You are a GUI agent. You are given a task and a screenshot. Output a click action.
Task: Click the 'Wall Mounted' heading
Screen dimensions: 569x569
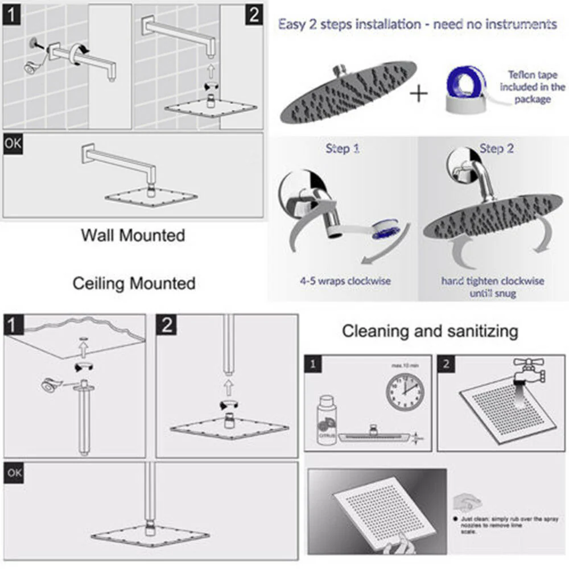click(x=133, y=234)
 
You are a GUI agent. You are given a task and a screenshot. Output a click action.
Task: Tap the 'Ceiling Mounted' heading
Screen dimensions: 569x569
click(x=134, y=283)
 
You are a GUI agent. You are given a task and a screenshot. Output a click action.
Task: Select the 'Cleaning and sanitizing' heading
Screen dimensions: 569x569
click(x=430, y=331)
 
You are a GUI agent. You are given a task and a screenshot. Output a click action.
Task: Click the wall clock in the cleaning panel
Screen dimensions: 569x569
click(x=405, y=391)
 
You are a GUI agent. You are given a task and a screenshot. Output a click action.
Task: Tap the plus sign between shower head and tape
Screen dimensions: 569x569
click(x=419, y=93)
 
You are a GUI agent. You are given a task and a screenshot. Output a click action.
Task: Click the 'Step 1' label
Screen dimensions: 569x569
click(x=343, y=149)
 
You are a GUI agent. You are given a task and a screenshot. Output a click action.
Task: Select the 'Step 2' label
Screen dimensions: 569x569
click(x=496, y=149)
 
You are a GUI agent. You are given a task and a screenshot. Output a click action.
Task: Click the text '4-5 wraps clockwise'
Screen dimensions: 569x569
click(x=345, y=281)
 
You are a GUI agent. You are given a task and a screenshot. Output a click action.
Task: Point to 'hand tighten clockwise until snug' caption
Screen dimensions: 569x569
click(x=492, y=287)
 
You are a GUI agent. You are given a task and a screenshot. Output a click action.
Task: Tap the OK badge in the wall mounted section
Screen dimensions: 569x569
click(x=13, y=143)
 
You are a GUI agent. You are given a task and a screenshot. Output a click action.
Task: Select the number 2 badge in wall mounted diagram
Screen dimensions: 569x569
click(x=254, y=14)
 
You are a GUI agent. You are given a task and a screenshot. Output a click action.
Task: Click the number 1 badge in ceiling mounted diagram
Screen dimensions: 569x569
click(x=14, y=325)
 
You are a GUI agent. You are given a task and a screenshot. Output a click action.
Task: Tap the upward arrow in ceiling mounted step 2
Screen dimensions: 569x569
click(x=228, y=388)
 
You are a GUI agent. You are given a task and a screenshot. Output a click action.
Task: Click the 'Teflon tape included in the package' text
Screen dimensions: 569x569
click(x=533, y=86)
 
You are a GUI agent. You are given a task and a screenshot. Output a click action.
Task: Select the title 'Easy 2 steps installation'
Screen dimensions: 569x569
click(x=417, y=24)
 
